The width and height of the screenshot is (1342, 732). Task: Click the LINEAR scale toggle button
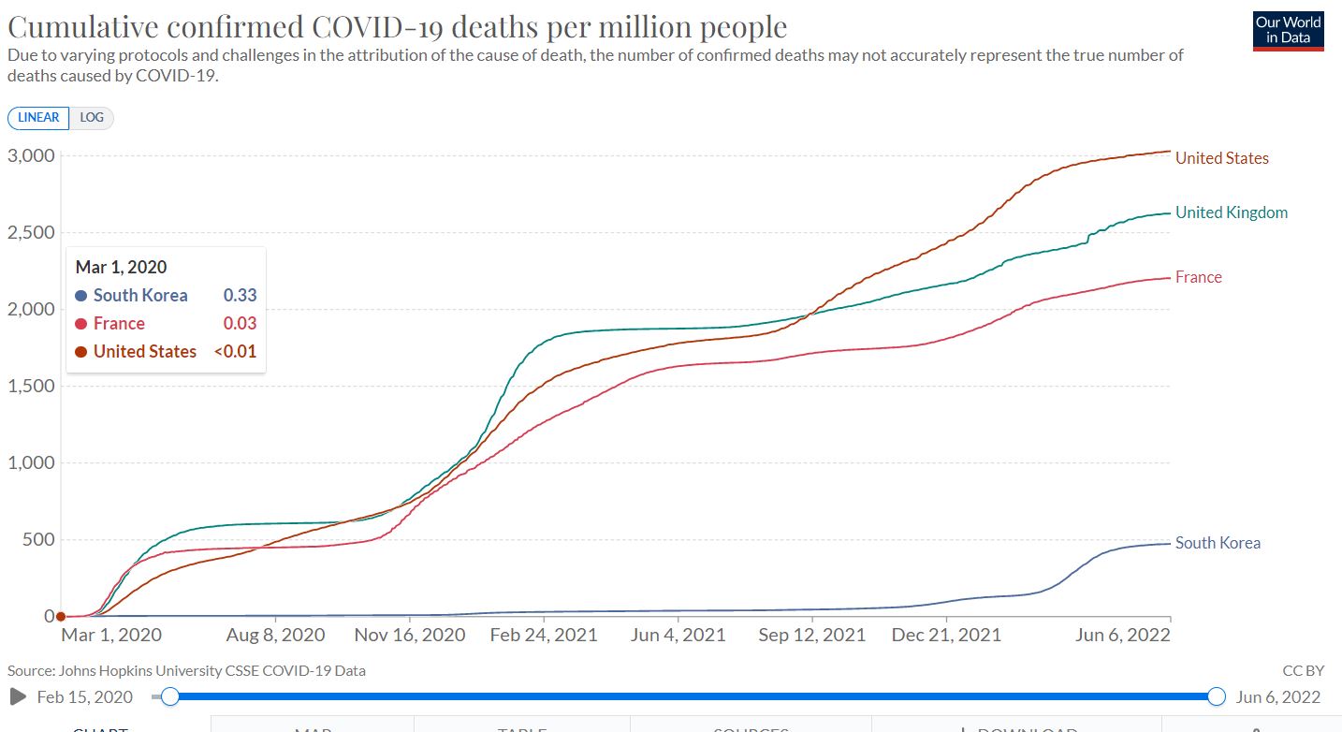[38, 118]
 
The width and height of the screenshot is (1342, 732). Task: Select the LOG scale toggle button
[92, 118]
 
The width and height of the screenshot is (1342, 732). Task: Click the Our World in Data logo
[1288, 30]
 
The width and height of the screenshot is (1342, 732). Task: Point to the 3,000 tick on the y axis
[32, 155]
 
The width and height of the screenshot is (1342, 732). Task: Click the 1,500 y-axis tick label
[32, 386]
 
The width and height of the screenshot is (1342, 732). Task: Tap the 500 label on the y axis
[38, 539]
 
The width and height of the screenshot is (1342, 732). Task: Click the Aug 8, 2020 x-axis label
[276, 635]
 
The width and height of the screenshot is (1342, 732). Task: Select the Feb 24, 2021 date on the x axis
[545, 635]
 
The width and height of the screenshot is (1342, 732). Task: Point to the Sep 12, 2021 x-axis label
[812, 635]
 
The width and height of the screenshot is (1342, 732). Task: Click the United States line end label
[1221, 158]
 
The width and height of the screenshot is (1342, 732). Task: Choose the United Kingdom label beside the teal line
[1231, 212]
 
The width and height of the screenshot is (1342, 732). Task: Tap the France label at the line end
[1198, 277]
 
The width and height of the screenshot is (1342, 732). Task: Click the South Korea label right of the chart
[1218, 543]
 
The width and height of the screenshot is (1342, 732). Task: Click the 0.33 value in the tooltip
[240, 296]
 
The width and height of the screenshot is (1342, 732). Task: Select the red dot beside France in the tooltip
[81, 324]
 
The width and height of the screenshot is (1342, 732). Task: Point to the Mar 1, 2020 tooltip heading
[122, 268]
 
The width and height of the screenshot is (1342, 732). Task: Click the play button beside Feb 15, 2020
[17, 696]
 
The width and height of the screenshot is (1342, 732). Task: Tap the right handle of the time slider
[1217, 696]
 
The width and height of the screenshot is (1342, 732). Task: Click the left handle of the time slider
[170, 696]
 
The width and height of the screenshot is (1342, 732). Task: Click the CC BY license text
[1303, 670]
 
